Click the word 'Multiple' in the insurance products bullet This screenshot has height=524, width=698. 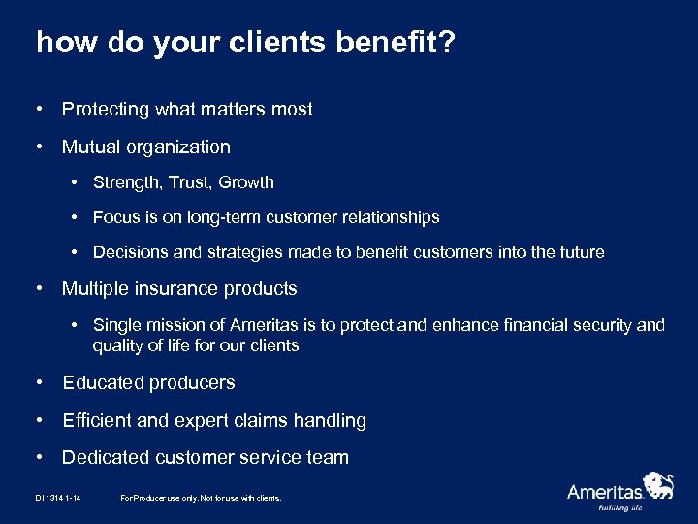tap(95, 289)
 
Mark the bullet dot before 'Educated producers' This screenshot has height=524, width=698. tap(39, 383)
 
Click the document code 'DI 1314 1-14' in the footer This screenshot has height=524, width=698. tap(57, 498)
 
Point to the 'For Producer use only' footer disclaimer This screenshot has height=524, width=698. tap(201, 498)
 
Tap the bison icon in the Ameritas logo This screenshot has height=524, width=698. tap(659, 482)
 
